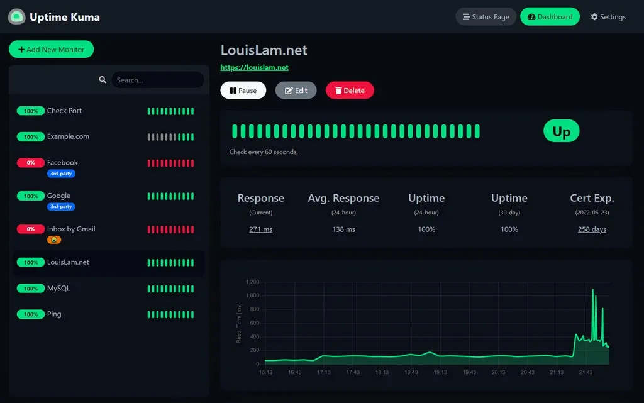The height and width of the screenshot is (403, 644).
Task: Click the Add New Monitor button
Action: point(51,50)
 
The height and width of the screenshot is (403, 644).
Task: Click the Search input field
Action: point(157,80)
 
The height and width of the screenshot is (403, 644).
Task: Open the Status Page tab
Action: point(486,17)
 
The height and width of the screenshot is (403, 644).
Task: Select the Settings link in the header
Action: point(608,17)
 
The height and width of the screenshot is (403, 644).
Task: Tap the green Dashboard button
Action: point(550,17)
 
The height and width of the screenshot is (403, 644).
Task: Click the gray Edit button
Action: point(296,91)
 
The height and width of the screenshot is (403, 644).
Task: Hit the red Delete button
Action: point(349,91)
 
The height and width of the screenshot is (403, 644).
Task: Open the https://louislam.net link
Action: point(254,67)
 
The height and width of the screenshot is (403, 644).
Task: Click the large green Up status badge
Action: point(561,131)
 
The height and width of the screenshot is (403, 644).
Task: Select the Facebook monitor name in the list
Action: point(62,163)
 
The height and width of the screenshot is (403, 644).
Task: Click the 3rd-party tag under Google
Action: point(61,206)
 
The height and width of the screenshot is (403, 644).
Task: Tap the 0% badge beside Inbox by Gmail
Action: point(30,229)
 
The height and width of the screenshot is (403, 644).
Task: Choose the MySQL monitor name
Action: point(58,289)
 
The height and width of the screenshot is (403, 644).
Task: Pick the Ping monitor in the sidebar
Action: point(54,314)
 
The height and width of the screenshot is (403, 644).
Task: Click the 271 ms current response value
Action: point(260,229)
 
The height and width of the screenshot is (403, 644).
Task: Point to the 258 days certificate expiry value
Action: point(592,229)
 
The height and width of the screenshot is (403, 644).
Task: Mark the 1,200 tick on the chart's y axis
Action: point(252,282)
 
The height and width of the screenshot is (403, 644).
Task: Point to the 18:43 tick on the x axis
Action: point(411,372)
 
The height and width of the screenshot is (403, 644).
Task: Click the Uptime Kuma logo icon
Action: point(16,17)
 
